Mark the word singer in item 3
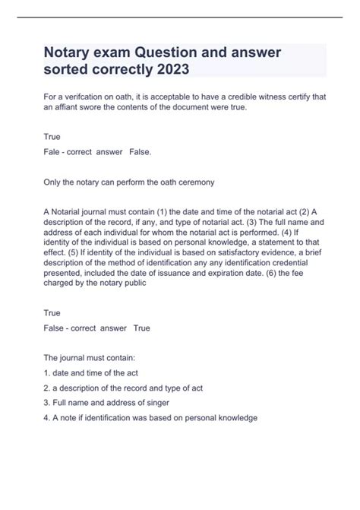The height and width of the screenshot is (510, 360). (x=154, y=402)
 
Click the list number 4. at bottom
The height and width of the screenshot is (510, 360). (x=49, y=417)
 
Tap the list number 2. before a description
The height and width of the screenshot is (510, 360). (x=49, y=388)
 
